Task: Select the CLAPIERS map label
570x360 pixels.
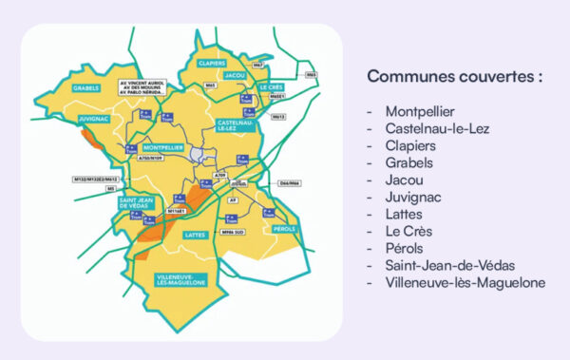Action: click(214, 63)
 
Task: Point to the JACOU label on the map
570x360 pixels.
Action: click(236, 73)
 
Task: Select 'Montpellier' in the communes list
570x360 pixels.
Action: click(420, 111)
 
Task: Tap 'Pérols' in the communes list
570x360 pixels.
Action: click(405, 248)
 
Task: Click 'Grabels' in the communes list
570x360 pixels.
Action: click(409, 162)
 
